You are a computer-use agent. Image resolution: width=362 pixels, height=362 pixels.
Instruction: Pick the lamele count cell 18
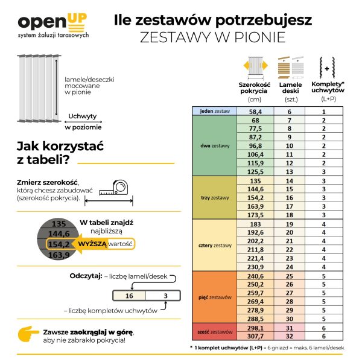tap(290, 214)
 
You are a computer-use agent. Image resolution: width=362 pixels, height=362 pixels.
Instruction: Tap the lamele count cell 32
tap(290, 335)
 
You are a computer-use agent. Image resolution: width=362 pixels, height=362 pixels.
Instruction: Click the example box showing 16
tap(129, 296)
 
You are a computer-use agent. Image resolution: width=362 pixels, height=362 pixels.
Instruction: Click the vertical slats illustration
tap(37, 87)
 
